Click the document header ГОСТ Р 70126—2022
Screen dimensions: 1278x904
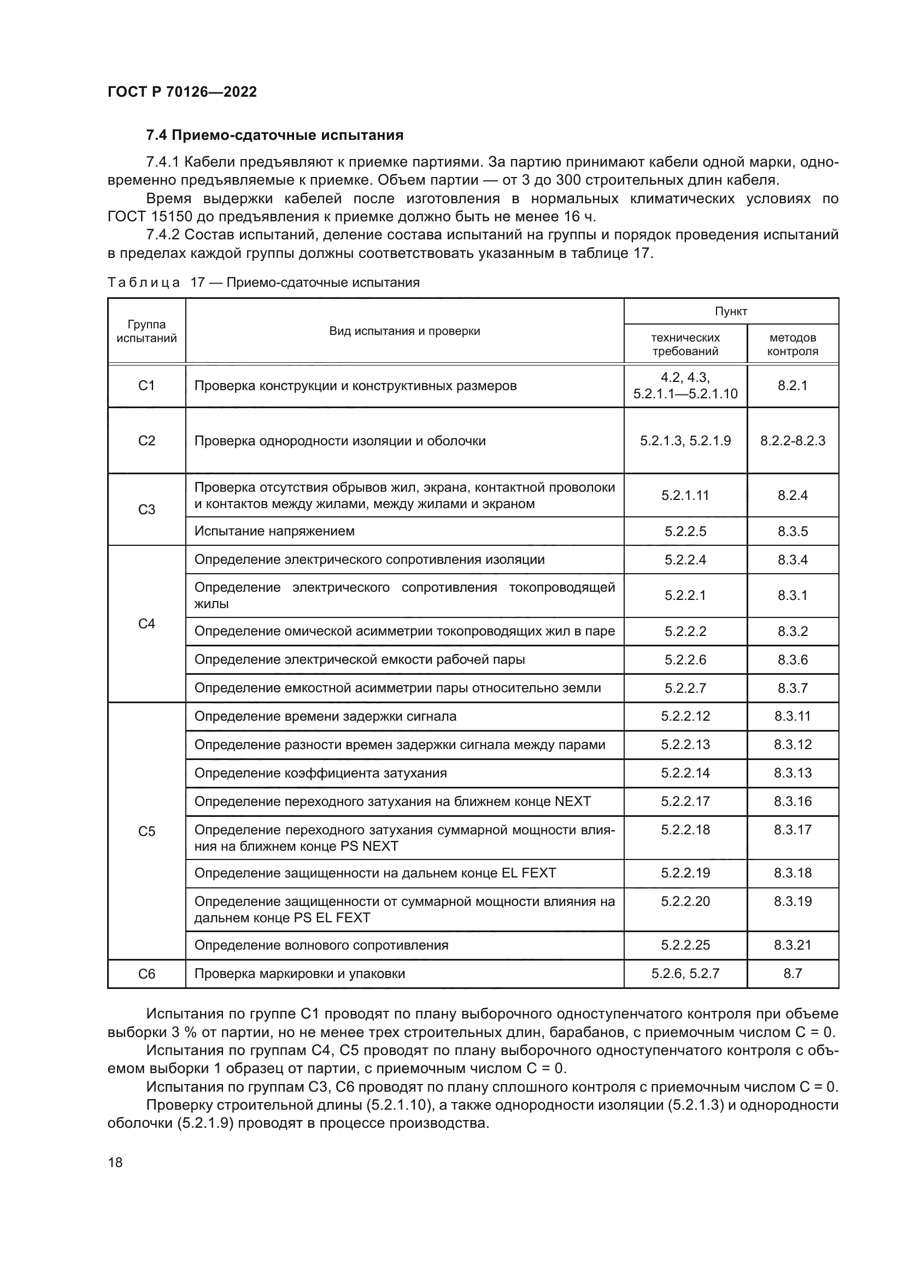point(182,92)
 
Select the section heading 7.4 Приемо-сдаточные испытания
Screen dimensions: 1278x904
point(274,136)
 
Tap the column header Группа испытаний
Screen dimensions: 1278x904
point(146,331)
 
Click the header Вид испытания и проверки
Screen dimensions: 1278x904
point(404,331)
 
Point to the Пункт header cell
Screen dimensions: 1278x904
point(730,311)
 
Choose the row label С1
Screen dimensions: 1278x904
point(146,385)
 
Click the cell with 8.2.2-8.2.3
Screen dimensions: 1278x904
point(792,441)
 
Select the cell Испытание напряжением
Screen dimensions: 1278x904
point(274,531)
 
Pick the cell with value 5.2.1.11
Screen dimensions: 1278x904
point(685,496)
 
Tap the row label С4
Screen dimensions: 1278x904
point(146,623)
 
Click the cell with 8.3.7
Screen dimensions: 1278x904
point(792,688)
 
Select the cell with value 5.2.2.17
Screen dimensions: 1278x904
point(685,801)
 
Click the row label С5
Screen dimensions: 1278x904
point(146,831)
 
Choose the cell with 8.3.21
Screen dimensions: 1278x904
point(792,945)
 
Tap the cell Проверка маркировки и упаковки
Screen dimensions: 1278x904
point(300,974)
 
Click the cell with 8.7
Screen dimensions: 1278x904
point(792,973)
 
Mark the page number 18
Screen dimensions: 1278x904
point(115,1162)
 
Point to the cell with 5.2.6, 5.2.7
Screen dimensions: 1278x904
point(685,973)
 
